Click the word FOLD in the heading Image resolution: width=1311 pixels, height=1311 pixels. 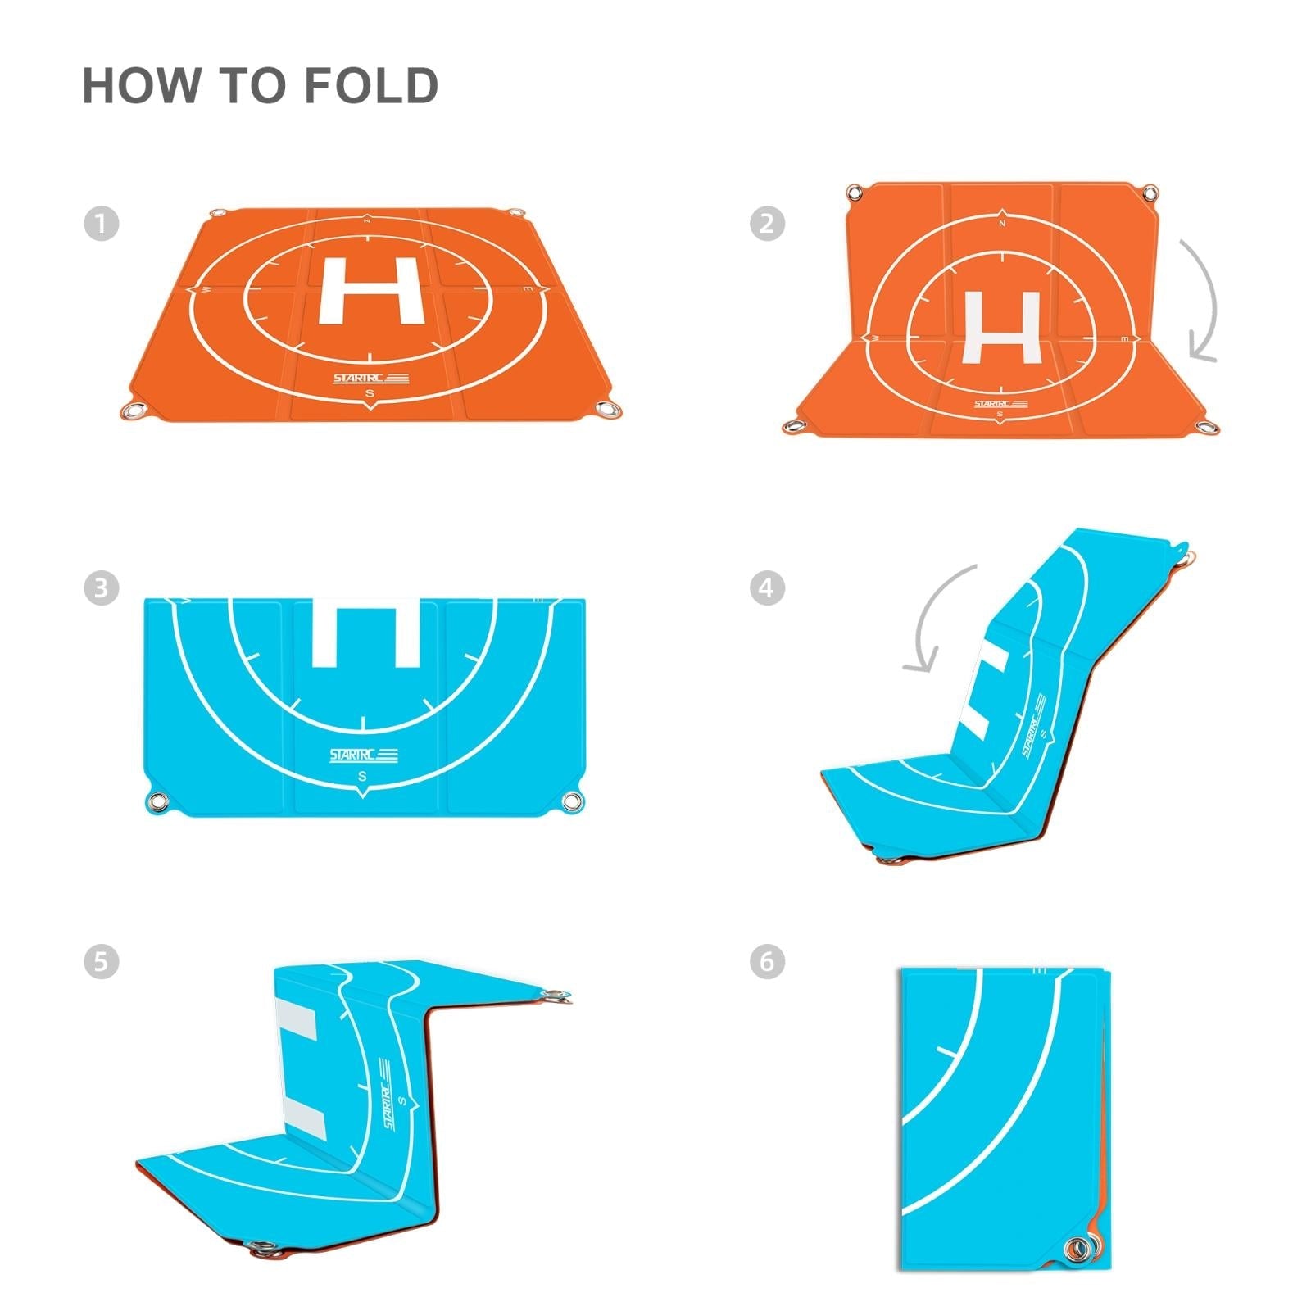click(371, 86)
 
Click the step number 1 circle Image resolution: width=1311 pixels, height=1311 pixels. click(102, 223)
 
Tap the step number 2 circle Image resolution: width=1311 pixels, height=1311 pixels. click(768, 223)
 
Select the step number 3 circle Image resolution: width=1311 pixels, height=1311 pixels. click(102, 587)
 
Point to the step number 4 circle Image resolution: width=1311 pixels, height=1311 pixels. click(768, 587)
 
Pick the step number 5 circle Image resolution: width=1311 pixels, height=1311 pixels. click(102, 960)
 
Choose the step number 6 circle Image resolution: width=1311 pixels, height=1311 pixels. click(768, 960)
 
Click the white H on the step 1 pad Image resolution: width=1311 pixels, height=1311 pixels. click(370, 290)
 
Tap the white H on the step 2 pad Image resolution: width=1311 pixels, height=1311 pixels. click(1002, 326)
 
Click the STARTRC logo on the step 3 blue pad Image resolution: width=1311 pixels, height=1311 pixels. click(363, 755)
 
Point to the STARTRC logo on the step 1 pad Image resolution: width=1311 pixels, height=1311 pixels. click(370, 378)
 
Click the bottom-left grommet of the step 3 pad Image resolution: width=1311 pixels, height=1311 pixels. click(156, 801)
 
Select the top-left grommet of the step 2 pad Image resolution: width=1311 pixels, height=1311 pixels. click(855, 193)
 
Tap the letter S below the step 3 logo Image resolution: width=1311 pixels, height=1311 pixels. click(362, 776)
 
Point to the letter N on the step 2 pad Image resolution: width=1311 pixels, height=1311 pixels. click(1002, 222)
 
